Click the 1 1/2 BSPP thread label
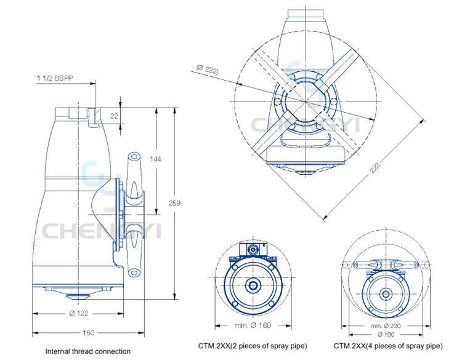(x=55, y=78)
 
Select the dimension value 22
(x=114, y=116)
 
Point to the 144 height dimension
(x=155, y=159)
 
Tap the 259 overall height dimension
(x=174, y=203)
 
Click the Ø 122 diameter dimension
(x=79, y=313)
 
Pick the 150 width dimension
(x=88, y=333)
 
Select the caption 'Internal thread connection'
(x=88, y=351)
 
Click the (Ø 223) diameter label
(x=208, y=70)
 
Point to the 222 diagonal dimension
(x=375, y=167)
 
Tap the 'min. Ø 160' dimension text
(x=253, y=325)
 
